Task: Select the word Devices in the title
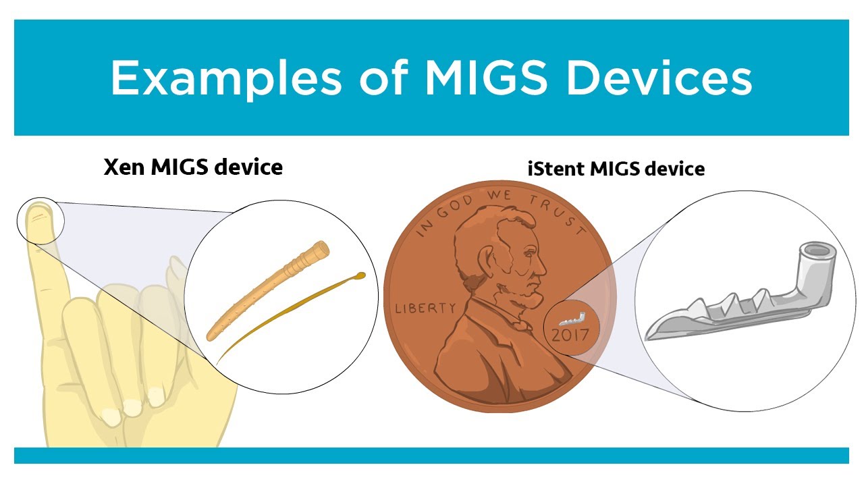659,78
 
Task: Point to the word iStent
556,169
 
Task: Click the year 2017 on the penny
570,334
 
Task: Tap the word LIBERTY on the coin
425,308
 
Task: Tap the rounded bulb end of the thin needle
360,275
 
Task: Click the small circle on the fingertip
40,220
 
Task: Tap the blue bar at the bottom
431,456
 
